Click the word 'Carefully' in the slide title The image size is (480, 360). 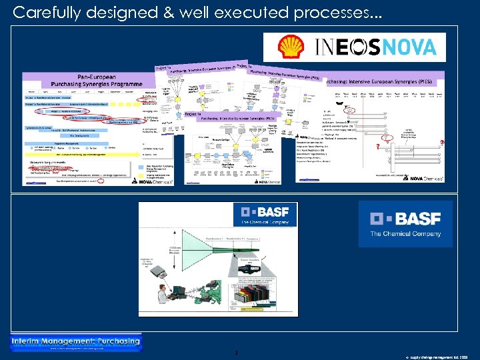point(45,11)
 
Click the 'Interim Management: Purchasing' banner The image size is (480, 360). point(76,343)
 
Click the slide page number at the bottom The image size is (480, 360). point(236,352)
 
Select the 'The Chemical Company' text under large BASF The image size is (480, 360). point(405,233)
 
